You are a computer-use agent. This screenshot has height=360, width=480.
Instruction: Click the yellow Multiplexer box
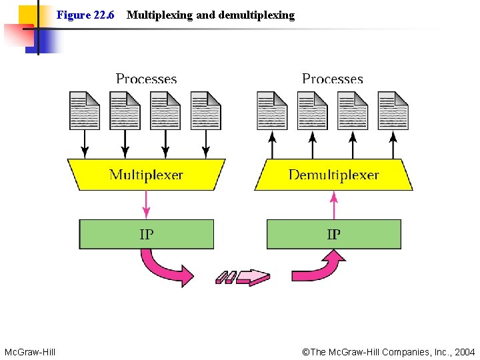[146, 175]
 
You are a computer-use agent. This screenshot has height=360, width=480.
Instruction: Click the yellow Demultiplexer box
[333, 175]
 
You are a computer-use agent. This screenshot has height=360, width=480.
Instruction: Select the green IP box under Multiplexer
[147, 234]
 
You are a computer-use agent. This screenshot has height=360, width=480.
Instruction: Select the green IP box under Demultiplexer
[333, 234]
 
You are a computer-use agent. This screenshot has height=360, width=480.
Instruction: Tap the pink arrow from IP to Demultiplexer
[334, 205]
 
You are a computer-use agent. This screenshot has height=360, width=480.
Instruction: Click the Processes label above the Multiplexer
[146, 79]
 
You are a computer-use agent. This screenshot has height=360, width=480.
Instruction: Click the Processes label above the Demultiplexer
[333, 79]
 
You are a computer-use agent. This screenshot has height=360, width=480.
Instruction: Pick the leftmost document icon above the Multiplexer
[85, 110]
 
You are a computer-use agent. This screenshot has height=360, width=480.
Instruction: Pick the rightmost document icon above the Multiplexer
[206, 110]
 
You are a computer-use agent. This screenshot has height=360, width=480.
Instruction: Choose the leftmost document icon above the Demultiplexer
[272, 110]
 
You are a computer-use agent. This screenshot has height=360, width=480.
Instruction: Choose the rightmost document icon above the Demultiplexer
[393, 110]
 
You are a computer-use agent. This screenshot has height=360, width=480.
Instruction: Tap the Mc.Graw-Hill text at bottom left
[30, 351]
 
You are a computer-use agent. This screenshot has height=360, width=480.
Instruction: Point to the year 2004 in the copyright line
[464, 351]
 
